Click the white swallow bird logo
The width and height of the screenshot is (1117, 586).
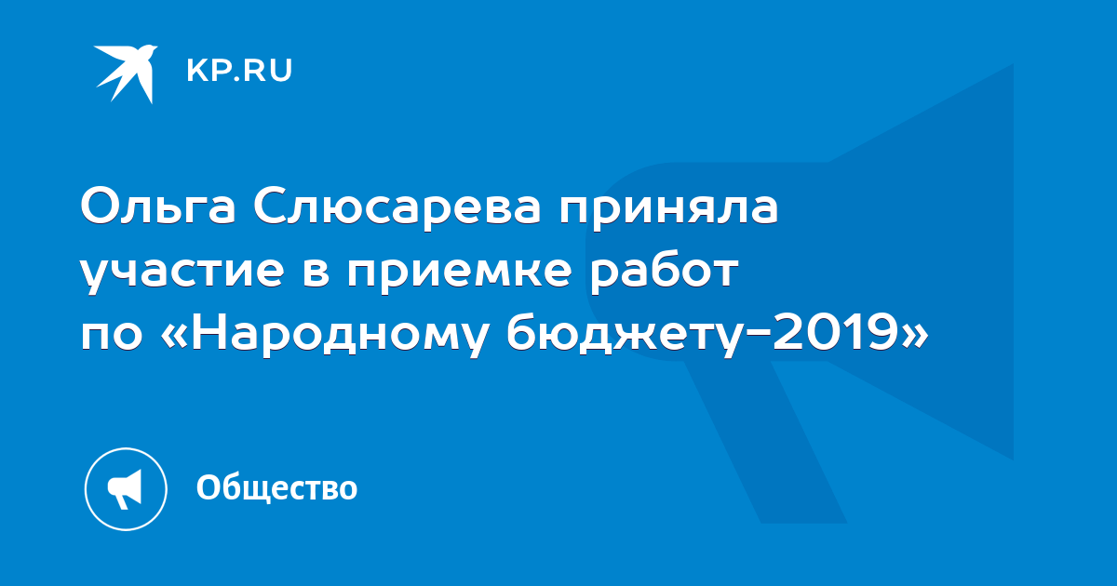point(126,73)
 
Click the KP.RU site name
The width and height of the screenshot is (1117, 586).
point(239,71)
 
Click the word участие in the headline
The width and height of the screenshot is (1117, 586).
point(182,274)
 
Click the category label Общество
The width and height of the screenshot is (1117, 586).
point(276,487)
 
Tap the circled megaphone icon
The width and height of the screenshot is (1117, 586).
point(126,489)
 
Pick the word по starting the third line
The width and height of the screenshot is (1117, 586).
point(111,336)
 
